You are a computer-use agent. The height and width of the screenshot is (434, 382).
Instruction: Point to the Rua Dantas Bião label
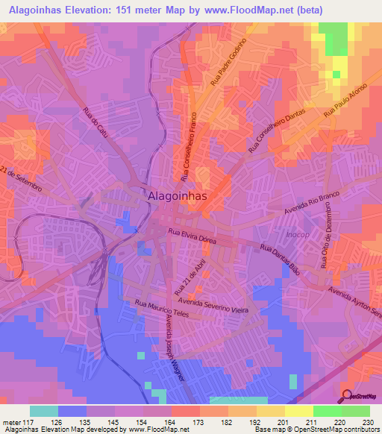pos(280,258)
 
